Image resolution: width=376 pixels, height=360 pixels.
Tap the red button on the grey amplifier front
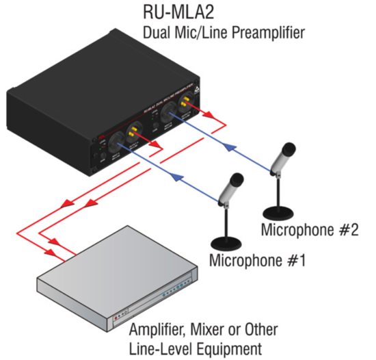tap(120, 317)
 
